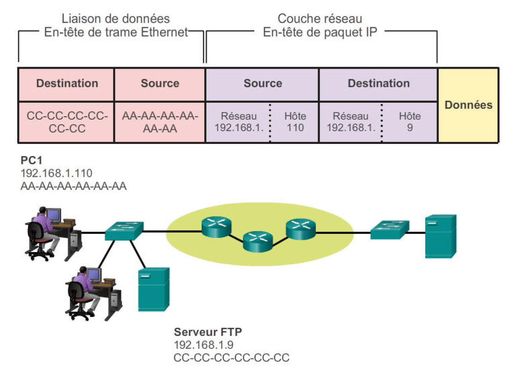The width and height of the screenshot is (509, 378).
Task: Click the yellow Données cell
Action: [x=468, y=105]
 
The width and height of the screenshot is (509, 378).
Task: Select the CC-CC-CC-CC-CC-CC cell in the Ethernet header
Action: [x=67, y=122]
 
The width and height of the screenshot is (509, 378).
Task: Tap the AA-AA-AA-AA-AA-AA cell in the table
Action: [x=160, y=122]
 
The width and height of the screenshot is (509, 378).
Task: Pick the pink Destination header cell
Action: [x=67, y=83]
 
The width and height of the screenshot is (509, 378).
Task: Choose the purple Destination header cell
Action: [x=378, y=83]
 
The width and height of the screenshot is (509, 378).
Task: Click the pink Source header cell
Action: [x=160, y=83]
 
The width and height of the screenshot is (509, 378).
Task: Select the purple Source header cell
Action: [x=263, y=83]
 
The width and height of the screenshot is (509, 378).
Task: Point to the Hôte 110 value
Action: [x=295, y=122]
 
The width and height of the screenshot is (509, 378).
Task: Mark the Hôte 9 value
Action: [x=410, y=122]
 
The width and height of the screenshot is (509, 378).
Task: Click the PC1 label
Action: [x=31, y=160]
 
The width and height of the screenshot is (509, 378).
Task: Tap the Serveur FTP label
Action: [x=208, y=332]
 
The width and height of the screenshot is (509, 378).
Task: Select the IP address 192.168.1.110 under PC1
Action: [x=56, y=173]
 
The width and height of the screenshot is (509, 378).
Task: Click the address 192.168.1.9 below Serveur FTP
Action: [x=204, y=345]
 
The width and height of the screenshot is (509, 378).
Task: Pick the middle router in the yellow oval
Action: [x=258, y=241]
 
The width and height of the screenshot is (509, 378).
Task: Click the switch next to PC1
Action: [x=124, y=230]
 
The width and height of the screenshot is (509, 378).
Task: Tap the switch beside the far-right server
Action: [x=390, y=230]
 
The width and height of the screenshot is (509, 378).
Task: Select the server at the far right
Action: [x=440, y=236]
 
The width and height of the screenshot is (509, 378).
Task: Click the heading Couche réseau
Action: [x=320, y=19]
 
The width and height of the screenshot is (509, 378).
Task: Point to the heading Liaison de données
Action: [x=116, y=19]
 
